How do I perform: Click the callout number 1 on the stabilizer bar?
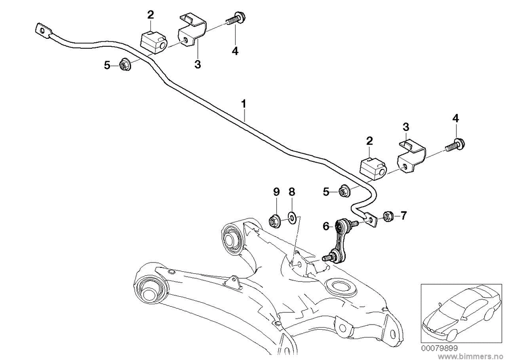coord(244,104)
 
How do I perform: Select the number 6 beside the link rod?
coord(326,226)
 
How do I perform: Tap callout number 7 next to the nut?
coord(403,216)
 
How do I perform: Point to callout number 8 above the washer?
coord(292,191)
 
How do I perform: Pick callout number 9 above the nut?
coord(276,191)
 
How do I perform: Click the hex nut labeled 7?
coord(388,216)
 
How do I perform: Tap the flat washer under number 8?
coord(293,218)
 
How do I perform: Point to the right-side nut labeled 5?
coord(344,190)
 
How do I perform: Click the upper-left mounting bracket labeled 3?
coord(192,31)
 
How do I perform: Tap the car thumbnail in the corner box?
coord(458,312)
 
